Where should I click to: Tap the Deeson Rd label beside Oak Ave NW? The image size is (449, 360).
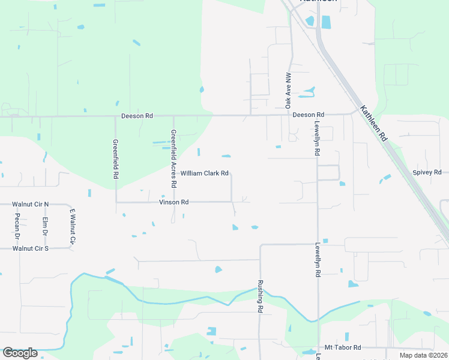click(309, 114)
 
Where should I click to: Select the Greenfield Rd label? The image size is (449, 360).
click(115, 160)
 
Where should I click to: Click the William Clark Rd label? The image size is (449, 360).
click(205, 173)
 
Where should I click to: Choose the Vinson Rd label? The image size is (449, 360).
click(174, 202)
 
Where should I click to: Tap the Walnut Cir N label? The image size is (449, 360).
click(30, 205)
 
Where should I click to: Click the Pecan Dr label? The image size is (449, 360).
click(17, 225)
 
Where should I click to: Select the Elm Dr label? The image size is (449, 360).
click(44, 226)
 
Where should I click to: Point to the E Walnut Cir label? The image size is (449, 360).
click(72, 226)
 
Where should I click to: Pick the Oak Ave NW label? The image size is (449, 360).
click(288, 91)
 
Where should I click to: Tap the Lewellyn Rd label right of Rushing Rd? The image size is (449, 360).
click(316, 259)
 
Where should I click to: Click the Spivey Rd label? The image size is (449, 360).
click(427, 172)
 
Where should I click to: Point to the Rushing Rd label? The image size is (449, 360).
click(261, 296)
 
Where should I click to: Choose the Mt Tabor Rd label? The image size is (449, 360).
click(343, 347)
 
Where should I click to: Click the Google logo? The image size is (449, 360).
click(20, 353)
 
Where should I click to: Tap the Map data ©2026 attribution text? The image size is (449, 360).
click(423, 355)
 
